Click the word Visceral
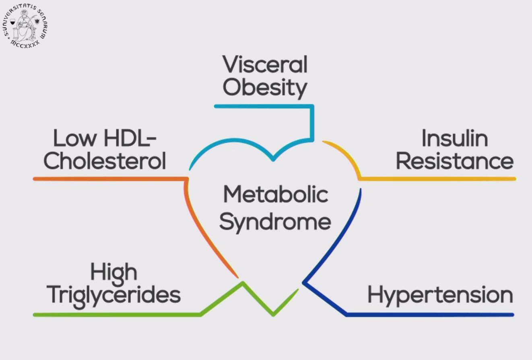pyautogui.click(x=265, y=65)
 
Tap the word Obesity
pyautogui.click(x=265, y=87)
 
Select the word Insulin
pyautogui.click(x=454, y=139)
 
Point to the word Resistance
pyautogui.click(x=455, y=161)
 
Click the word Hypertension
pyautogui.click(x=440, y=295)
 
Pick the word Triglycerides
pyautogui.click(x=114, y=295)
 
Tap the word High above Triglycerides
pyautogui.click(x=114, y=272)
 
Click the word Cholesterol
pyautogui.click(x=105, y=161)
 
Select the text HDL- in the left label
pyautogui.click(x=130, y=138)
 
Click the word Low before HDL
pyautogui.click(x=75, y=138)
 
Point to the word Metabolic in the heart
pyautogui.click(x=276, y=195)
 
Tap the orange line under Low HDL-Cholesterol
pyautogui.click(x=109, y=179)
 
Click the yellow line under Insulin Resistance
pyautogui.click(x=439, y=179)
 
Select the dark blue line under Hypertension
pyautogui.click(x=431, y=315)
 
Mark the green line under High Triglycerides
pyautogui.click(x=117, y=315)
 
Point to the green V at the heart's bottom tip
pyautogui.click(x=274, y=313)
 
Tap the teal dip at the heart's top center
pyautogui.click(x=273, y=158)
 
